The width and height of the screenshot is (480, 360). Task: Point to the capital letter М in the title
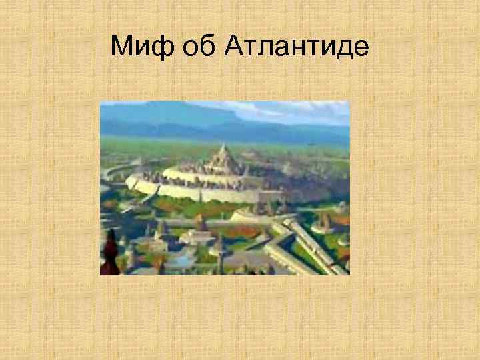121,46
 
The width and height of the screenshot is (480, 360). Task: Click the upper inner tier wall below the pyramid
200,175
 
